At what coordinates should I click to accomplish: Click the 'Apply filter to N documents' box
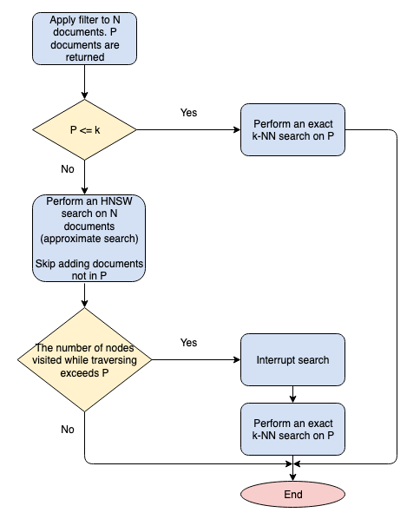[x=85, y=38]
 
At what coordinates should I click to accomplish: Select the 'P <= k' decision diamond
[x=85, y=130]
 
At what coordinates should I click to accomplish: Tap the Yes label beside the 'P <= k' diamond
[x=188, y=113]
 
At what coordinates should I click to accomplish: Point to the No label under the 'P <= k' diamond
[x=68, y=169]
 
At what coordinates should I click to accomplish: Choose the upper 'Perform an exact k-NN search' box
[x=293, y=130]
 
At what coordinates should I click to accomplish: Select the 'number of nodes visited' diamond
[x=85, y=359]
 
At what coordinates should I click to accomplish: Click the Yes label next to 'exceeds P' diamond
[x=188, y=342]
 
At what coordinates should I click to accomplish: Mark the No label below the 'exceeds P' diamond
[x=68, y=429]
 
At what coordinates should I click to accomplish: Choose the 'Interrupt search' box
[x=293, y=359]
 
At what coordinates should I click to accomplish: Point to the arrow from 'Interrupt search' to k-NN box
[x=293, y=393]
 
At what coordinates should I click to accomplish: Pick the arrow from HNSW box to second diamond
[x=85, y=295]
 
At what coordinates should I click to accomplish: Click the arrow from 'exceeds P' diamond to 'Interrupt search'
[x=195, y=359]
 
